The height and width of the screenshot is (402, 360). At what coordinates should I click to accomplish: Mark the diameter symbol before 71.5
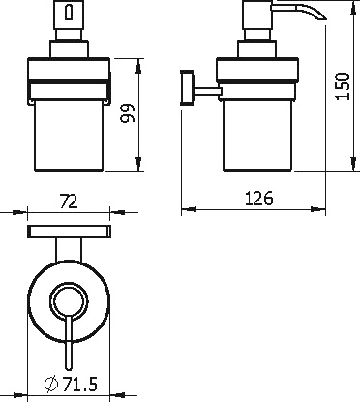tap(50, 386)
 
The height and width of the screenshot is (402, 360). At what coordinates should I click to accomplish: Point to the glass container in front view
tap(67, 136)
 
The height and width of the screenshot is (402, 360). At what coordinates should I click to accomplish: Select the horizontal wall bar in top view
tap(67, 232)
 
